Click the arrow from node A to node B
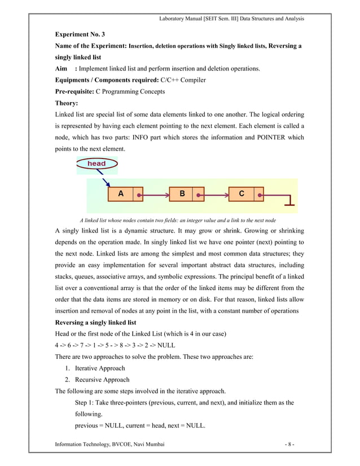click(x=154, y=195)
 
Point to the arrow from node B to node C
click(x=214, y=195)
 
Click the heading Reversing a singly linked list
click(x=95, y=323)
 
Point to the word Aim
click(x=61, y=69)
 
